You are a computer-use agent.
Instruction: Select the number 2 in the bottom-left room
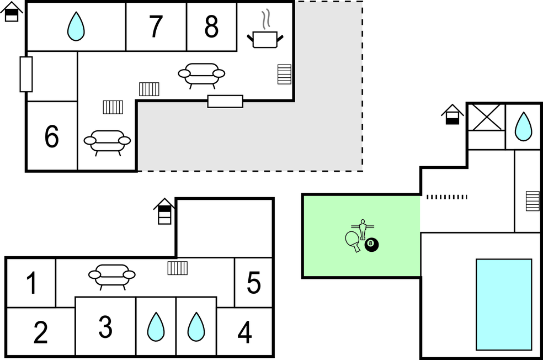pyautogui.click(x=40, y=332)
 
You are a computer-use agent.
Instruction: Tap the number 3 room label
pyautogui.click(x=105, y=327)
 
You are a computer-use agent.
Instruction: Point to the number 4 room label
pyautogui.click(x=244, y=332)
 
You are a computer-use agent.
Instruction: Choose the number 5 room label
pyautogui.click(x=253, y=283)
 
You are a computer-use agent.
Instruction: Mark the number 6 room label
pyautogui.click(x=51, y=136)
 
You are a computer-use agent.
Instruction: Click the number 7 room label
pyautogui.click(x=156, y=26)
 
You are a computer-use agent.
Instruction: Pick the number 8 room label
pyautogui.click(x=211, y=26)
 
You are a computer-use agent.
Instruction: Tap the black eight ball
pyautogui.click(x=371, y=245)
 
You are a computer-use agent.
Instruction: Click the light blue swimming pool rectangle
pyautogui.click(x=504, y=304)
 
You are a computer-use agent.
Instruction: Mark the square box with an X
pyautogui.click(x=486, y=117)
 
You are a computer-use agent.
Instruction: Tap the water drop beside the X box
pyautogui.click(x=523, y=126)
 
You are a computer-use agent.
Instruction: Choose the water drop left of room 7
pyautogui.click(x=76, y=26)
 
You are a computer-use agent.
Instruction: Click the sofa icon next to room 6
pyautogui.click(x=107, y=141)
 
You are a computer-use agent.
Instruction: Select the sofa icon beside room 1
pyautogui.click(x=112, y=274)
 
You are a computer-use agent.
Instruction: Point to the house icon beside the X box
pyautogui.click(x=453, y=114)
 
